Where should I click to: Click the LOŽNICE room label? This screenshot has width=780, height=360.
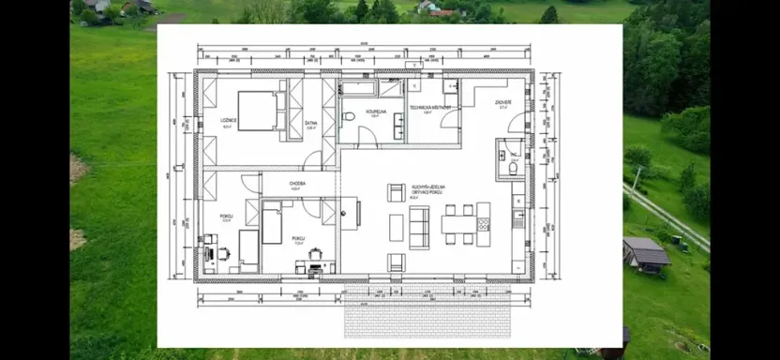pyautogui.click(x=228, y=120)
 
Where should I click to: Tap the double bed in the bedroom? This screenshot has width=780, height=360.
pyautogui.click(x=258, y=111)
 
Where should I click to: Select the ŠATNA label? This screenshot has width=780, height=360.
pyautogui.click(x=311, y=123)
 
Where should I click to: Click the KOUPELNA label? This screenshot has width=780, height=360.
pyautogui.click(x=376, y=111)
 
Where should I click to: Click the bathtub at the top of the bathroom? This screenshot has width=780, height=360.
pyautogui.click(x=356, y=89)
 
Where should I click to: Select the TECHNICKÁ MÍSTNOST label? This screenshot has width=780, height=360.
pyautogui.click(x=430, y=109)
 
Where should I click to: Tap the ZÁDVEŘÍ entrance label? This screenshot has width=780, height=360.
pyautogui.click(x=503, y=103)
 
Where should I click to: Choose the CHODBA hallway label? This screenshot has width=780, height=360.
pyautogui.click(x=297, y=184)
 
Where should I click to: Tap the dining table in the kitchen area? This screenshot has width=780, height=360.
pyautogui.click(x=459, y=225)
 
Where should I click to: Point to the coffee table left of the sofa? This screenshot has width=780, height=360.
pyautogui.click(x=397, y=227)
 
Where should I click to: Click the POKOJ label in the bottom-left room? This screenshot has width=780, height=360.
pyautogui.click(x=226, y=216)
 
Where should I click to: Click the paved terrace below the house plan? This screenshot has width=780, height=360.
pyautogui.click(x=427, y=319)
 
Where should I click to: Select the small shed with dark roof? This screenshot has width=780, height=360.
pyautogui.click(x=646, y=252)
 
